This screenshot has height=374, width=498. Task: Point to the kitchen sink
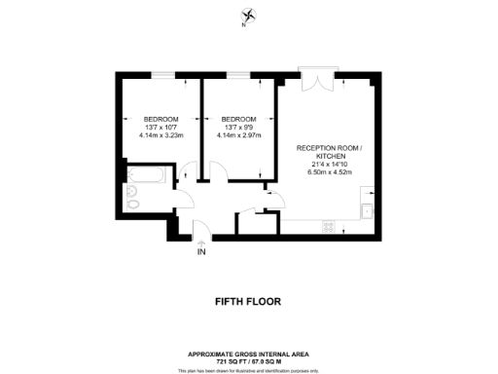369,211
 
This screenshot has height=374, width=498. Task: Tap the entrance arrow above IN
200,241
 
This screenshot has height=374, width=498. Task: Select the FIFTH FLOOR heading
248,302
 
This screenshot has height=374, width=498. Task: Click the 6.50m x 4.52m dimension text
330,172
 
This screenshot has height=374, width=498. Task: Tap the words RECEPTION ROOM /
330,148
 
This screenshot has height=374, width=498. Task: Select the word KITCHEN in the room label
330,157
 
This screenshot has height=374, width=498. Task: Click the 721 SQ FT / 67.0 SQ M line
248,360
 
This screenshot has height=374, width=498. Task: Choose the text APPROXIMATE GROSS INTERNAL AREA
248,354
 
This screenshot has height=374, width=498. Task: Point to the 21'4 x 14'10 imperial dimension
330,165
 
